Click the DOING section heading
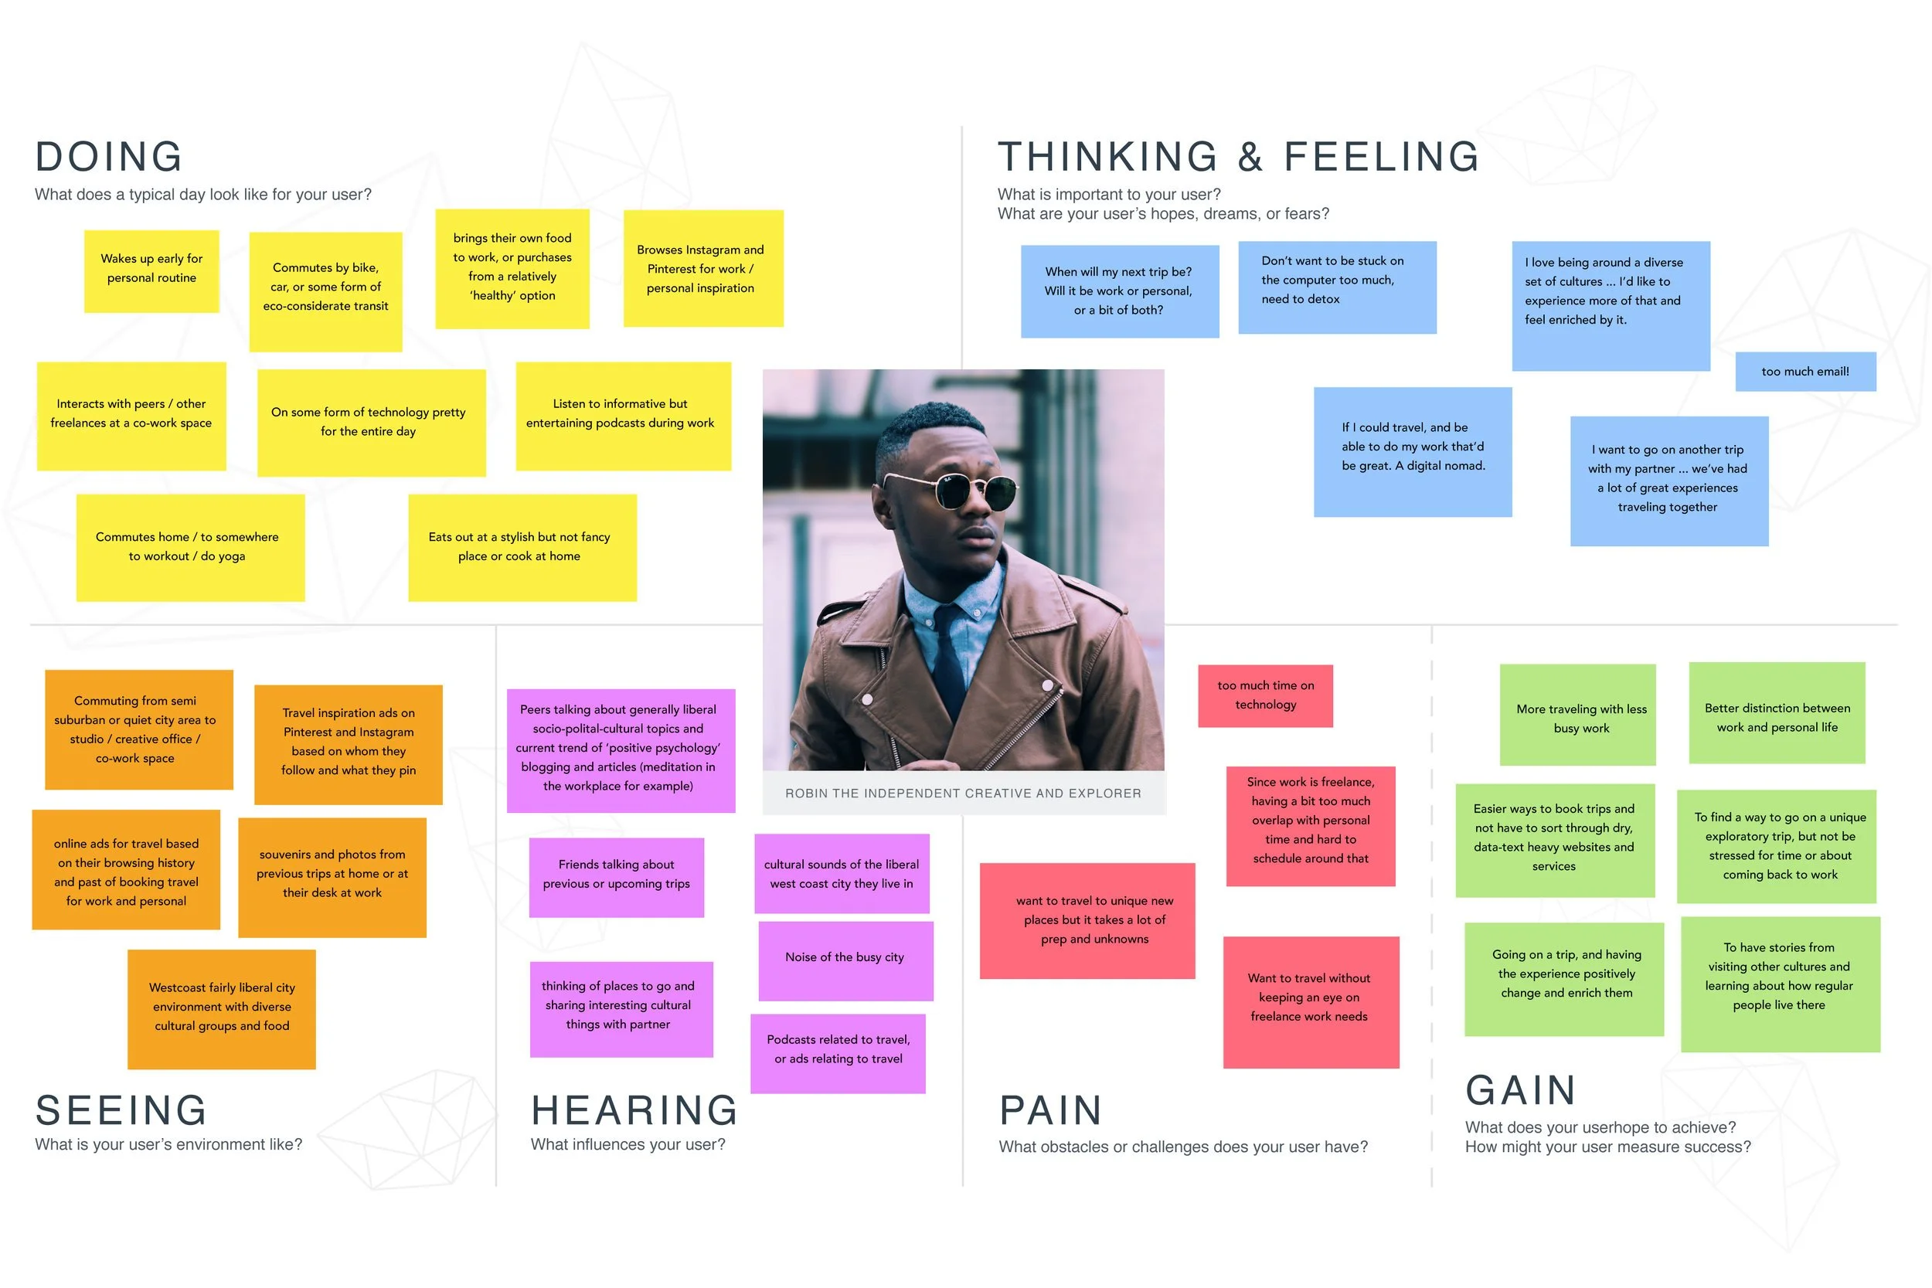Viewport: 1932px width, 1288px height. (x=108, y=157)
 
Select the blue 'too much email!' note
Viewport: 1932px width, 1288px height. (x=1804, y=372)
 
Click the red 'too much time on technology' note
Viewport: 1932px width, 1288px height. (x=1265, y=695)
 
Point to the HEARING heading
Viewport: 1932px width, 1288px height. (x=634, y=1110)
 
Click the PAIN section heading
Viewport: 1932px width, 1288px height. (x=1049, y=1110)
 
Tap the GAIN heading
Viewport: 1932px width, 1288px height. (x=1520, y=1091)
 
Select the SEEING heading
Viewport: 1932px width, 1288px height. (x=121, y=1110)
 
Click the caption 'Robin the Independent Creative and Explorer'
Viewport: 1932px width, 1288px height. (x=963, y=794)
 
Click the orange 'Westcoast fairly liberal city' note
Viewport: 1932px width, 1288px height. (x=222, y=1009)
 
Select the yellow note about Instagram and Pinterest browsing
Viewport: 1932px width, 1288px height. (x=703, y=269)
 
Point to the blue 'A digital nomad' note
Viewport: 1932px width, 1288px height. (x=1412, y=451)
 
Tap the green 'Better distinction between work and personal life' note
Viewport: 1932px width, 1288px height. (x=1776, y=714)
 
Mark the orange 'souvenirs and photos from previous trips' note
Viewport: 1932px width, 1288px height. (x=332, y=876)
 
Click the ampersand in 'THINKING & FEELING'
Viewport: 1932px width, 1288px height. (x=1250, y=157)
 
